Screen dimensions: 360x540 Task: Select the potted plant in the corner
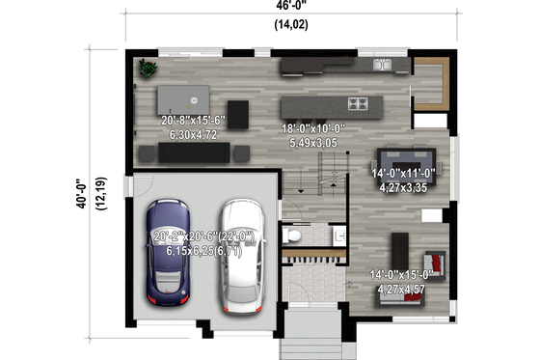pos(147,69)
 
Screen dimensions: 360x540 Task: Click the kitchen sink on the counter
pos(382,66)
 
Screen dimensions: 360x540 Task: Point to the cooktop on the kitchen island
pos(358,103)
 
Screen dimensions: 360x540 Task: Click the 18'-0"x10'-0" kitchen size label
pos(312,128)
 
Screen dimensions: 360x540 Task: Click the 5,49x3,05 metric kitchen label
pos(312,142)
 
